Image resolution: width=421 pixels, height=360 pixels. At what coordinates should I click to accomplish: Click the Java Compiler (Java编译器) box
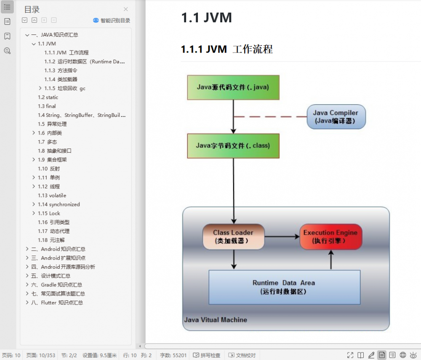(336, 117)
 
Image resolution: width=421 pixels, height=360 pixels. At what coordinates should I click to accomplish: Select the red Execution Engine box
(330, 237)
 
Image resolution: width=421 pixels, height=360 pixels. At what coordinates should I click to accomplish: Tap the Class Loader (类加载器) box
(233, 237)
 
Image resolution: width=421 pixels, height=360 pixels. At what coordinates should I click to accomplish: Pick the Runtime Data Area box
(284, 287)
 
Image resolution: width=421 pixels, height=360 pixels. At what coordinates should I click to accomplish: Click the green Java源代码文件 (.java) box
(233, 87)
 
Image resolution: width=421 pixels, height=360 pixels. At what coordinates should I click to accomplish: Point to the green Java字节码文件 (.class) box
(233, 146)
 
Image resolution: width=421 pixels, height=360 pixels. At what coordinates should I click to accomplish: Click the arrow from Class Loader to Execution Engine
(282, 237)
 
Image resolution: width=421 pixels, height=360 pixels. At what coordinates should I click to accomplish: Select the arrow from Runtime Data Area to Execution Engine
(331, 260)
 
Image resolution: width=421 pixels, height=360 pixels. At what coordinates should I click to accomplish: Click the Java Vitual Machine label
(216, 320)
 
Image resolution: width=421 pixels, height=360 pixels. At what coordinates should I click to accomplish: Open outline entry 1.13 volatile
(52, 196)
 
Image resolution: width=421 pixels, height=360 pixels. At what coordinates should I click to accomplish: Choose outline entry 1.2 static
(48, 97)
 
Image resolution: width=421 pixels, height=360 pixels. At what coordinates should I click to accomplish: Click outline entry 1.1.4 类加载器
(61, 79)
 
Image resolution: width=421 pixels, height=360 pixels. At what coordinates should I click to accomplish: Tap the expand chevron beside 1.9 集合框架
(34, 160)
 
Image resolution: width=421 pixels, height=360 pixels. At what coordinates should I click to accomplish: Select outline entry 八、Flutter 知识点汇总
(57, 302)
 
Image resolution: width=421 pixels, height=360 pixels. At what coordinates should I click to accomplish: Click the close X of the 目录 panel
(125, 9)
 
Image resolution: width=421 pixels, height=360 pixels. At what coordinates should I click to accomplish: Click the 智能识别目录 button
(112, 20)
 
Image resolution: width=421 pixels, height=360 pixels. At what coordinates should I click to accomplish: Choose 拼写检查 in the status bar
(207, 355)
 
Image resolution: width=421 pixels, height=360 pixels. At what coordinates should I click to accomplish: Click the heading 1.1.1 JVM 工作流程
(227, 49)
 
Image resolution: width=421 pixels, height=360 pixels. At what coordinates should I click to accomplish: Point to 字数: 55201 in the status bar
(173, 355)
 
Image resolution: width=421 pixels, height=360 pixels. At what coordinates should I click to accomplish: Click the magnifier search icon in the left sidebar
(7, 51)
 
